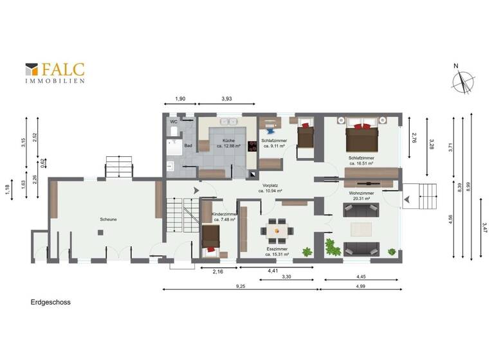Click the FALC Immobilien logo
pyautogui.click(x=55, y=73)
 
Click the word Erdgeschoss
pyautogui.click(x=50, y=301)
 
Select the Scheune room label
pyautogui.click(x=107, y=219)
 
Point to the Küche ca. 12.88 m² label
pyautogui.click(x=228, y=143)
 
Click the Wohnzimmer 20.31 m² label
pyautogui.click(x=363, y=195)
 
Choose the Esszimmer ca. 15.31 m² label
pyautogui.click(x=277, y=251)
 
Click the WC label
pyautogui.click(x=174, y=122)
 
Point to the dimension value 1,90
pyautogui.click(x=180, y=98)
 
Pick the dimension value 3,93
pyautogui.click(x=226, y=98)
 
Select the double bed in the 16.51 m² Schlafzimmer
pyautogui.click(x=360, y=137)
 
